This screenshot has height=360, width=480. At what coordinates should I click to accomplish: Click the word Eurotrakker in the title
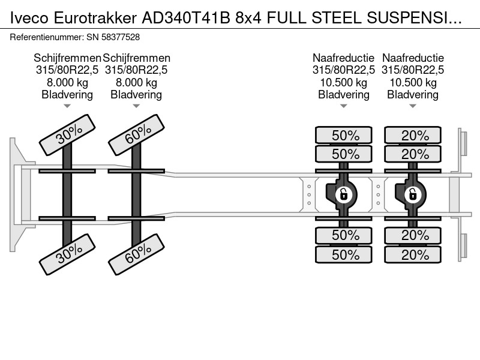point(95,18)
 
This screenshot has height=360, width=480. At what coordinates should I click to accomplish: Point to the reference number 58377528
point(121,37)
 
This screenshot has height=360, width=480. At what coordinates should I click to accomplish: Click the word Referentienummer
point(46,37)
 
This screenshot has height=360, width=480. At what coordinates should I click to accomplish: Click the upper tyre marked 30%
point(67,135)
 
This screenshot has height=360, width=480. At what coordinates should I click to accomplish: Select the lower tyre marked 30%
point(67,254)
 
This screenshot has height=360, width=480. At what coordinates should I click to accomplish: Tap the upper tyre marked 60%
point(137,135)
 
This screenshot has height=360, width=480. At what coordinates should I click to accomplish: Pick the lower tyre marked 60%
point(137,254)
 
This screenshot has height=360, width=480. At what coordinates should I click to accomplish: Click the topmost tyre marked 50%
point(344,135)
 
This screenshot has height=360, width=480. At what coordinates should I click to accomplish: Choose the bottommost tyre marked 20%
point(413,254)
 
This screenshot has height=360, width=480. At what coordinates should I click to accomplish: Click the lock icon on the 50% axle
point(343,194)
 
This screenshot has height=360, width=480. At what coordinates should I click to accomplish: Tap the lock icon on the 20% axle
point(413,194)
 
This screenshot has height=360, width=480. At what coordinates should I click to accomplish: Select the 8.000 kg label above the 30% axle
point(67,82)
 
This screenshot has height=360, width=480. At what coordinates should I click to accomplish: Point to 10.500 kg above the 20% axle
point(413,82)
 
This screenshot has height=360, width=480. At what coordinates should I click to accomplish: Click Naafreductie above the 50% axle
point(343,58)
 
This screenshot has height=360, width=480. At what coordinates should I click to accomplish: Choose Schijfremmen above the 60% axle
point(137,58)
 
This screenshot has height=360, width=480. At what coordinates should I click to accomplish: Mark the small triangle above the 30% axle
point(67,106)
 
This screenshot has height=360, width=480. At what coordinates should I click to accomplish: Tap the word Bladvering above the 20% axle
point(413,95)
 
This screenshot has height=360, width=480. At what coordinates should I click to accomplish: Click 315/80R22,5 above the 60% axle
point(137,70)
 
